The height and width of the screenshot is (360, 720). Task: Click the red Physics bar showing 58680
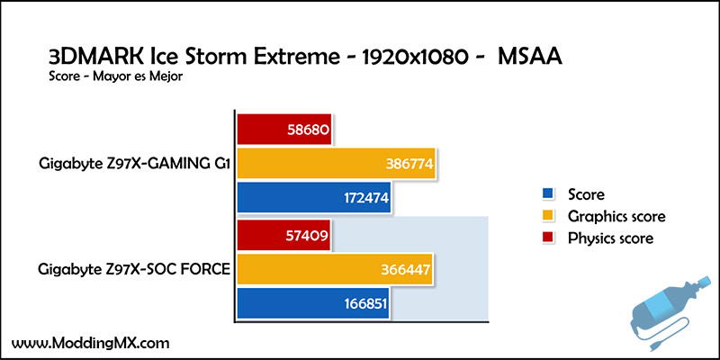pos(283,130)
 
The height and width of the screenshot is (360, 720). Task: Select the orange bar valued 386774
pos(336,163)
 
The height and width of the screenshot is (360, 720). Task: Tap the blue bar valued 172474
pos(313,198)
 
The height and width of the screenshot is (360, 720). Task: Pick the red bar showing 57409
pos(283,236)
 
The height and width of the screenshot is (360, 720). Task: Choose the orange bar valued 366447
pos(334,269)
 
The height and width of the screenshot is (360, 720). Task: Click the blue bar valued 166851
pos(312,303)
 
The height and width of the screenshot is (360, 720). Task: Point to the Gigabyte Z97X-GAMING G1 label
pos(134,164)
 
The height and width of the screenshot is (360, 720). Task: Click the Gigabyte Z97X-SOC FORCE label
pos(133,269)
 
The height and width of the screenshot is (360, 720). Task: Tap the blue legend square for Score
pos(547,193)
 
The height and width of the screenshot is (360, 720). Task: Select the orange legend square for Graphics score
pos(547,216)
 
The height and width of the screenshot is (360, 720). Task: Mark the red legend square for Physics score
pos(547,238)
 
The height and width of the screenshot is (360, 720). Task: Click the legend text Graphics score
pos(616,216)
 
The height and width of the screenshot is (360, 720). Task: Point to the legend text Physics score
pos(611,238)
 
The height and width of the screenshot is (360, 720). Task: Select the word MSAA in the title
pos(530,58)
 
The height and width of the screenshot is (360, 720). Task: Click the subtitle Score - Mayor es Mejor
pos(116,76)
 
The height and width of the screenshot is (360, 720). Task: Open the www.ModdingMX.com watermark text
pos(91,343)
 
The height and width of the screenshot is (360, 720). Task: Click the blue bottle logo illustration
pos(670,308)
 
